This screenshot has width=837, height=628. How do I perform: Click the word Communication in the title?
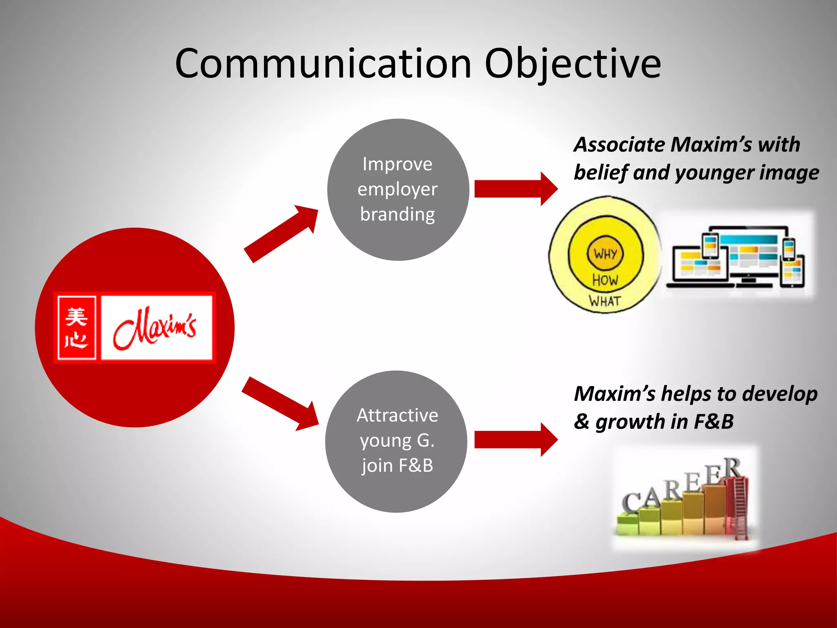(x=323, y=64)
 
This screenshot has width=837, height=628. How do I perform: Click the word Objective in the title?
(x=572, y=64)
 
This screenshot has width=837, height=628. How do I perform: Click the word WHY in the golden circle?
(x=605, y=254)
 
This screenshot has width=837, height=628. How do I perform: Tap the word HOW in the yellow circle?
(x=605, y=280)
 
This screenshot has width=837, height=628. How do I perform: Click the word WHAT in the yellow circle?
(x=605, y=301)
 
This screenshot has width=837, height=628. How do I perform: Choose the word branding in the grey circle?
(x=397, y=214)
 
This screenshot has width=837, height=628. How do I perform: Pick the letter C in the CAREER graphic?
(x=631, y=502)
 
